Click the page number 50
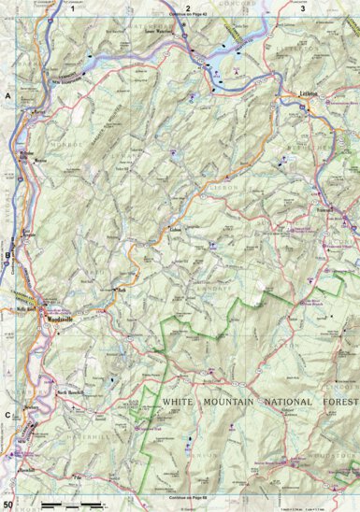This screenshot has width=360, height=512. [x=8, y=505]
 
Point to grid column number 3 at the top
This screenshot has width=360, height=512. [x=303, y=8]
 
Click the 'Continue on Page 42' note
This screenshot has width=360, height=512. [x=187, y=16]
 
